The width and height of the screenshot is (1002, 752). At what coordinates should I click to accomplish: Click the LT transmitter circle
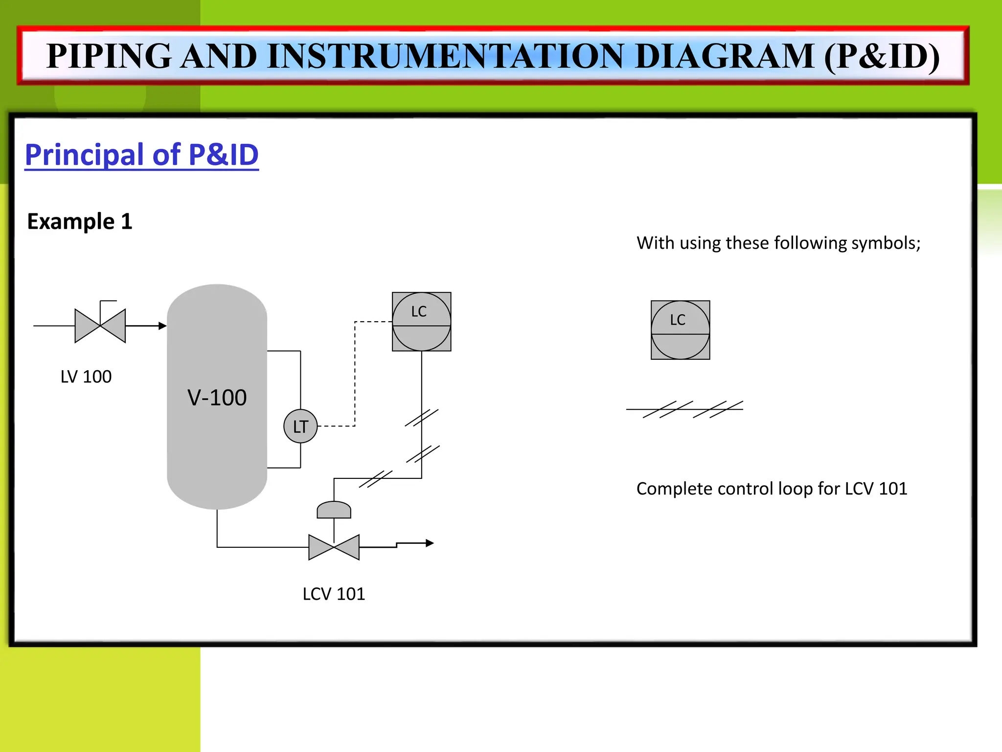[x=300, y=426]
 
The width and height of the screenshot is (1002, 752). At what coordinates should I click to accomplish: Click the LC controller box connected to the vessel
[x=421, y=322]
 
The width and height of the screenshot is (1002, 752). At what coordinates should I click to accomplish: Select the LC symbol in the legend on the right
[x=680, y=330]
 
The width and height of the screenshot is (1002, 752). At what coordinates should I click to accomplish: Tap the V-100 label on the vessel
[x=217, y=398]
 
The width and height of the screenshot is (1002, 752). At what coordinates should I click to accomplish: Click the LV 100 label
[x=86, y=376]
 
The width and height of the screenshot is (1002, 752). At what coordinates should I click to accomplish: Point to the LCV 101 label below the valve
[x=334, y=594]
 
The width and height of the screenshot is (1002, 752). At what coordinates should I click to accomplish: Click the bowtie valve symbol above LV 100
[x=100, y=326]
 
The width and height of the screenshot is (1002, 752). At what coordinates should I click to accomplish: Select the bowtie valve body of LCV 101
[x=334, y=547]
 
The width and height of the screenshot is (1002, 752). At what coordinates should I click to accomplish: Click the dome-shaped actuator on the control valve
[x=334, y=510]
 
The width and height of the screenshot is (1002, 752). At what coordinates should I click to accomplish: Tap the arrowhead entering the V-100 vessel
[x=162, y=326]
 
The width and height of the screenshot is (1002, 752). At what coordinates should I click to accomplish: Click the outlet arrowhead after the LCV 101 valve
[x=430, y=543]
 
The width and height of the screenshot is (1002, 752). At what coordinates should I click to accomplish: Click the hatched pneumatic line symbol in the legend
[x=685, y=409]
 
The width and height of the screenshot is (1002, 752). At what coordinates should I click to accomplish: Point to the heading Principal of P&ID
[x=142, y=155]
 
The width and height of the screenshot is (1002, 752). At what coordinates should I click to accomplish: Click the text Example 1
[x=80, y=221]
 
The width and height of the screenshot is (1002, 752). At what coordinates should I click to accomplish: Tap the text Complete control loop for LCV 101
[x=772, y=489]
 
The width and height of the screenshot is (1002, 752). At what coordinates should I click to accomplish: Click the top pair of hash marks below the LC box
[x=422, y=418]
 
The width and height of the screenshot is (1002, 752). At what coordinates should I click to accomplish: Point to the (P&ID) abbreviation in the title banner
[x=882, y=56]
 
